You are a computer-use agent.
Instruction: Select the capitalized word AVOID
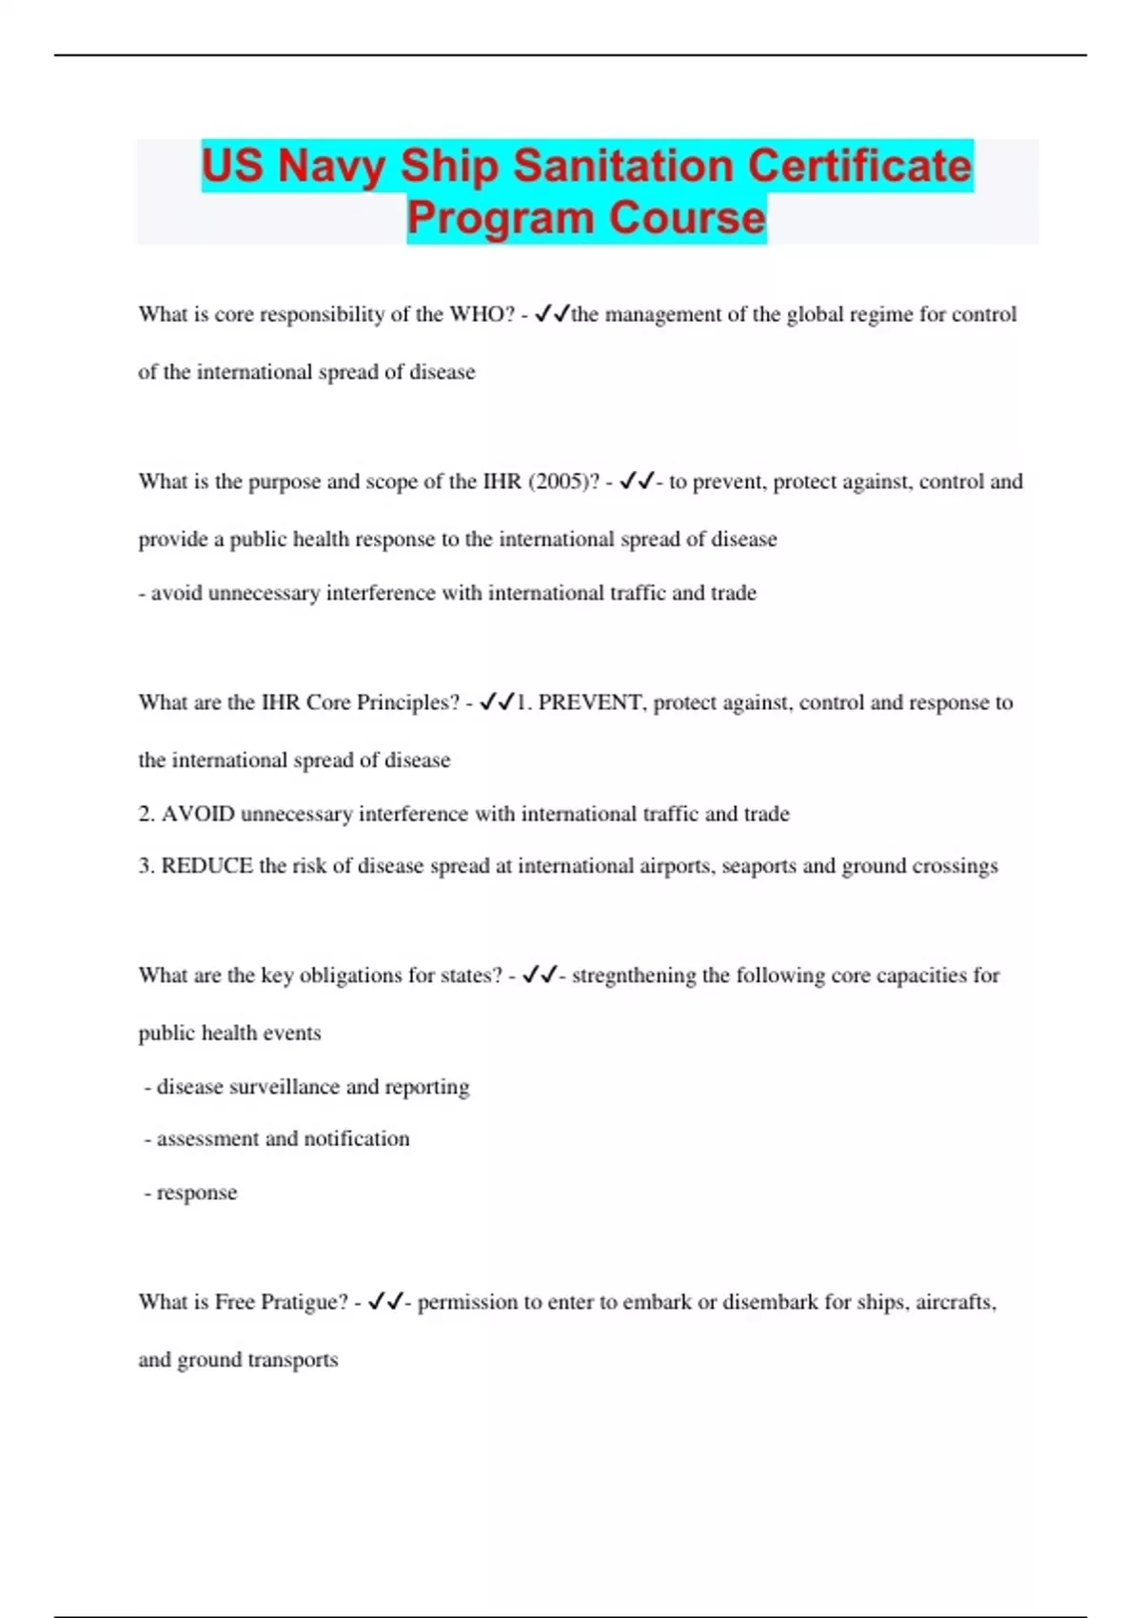coord(198,815)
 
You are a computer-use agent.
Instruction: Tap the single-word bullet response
coord(197,1194)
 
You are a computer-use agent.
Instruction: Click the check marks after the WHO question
coord(552,314)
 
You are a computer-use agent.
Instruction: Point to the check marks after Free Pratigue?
coord(385,1301)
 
